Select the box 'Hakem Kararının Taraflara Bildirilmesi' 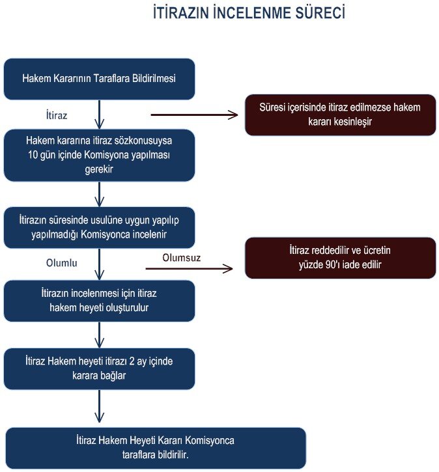pos(99,79)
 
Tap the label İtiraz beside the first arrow pos(57,115)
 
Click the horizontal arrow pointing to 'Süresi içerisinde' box pos(194,115)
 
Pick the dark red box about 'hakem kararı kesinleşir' pos(340,115)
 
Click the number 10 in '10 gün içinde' pos(33,155)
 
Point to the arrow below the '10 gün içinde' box pos(99,194)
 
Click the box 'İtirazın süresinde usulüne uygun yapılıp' pos(99,228)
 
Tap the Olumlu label pos(62,263)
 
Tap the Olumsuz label pos(181,258)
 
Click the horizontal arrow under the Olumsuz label pos(189,268)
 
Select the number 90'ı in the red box pos(333,264)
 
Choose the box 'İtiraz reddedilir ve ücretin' pos(340,258)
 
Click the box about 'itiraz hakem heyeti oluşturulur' pos(99,301)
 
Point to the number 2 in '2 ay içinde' pos(132,361)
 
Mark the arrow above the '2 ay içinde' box pos(99,335)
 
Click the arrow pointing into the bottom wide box pos(99,406)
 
